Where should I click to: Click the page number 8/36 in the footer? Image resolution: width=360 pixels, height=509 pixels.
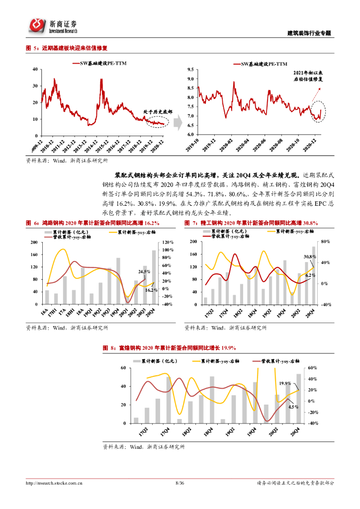coord(180,483)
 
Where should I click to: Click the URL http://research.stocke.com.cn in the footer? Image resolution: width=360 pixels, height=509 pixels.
coord(54,483)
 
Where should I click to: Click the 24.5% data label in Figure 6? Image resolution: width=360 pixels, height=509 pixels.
coord(144,271)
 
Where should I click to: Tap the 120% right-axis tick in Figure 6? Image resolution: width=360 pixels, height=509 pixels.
coord(168,242)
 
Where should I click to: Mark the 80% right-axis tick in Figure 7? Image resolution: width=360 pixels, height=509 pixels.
coord(325,242)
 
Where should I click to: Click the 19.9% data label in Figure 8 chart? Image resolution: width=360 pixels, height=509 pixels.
coord(285,383)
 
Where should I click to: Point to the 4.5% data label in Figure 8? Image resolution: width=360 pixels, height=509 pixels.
coord(293,406)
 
